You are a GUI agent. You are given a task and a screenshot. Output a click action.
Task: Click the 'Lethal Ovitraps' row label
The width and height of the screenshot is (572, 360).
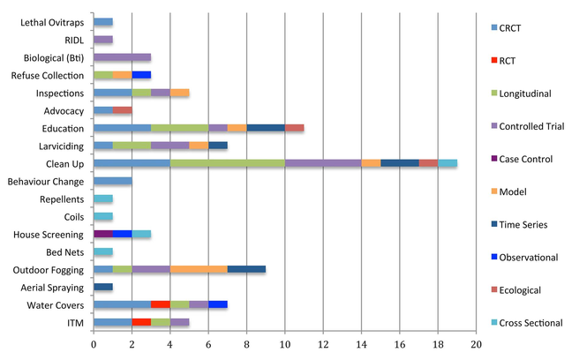point(53,21)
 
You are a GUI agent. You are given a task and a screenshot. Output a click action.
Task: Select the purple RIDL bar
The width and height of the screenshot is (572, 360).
point(102,40)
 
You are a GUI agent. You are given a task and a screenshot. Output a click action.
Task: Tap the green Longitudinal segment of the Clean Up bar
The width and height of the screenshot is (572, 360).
point(227,163)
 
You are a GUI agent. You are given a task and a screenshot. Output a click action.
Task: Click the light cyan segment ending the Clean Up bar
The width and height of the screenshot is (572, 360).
point(448,163)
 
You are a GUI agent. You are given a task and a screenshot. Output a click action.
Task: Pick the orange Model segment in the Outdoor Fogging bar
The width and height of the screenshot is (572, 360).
point(199,269)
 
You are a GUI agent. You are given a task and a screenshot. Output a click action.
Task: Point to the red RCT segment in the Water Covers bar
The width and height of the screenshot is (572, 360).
point(160,305)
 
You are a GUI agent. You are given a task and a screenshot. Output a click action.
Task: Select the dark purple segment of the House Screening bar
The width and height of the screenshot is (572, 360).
point(102,234)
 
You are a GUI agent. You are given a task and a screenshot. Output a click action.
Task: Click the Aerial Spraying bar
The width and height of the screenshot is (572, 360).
point(102,288)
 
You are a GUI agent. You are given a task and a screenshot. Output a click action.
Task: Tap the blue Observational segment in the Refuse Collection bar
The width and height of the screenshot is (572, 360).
point(141,75)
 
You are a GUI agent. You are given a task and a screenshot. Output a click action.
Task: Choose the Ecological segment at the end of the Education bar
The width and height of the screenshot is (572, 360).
point(294,128)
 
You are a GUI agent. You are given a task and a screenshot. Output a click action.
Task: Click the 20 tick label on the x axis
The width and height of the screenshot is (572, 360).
point(476,344)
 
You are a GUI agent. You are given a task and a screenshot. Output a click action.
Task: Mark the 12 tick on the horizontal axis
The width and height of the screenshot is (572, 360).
point(323,344)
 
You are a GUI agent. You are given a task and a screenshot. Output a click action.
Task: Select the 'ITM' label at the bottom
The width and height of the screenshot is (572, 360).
point(75,323)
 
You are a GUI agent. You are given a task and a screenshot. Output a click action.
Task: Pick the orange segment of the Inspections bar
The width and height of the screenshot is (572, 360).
point(179,93)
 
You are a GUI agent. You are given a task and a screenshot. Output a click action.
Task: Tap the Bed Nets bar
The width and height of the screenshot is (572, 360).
point(102,252)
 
